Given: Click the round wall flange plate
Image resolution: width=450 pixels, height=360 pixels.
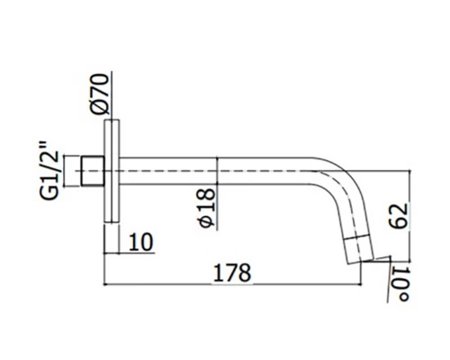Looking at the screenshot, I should click(x=111, y=171).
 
